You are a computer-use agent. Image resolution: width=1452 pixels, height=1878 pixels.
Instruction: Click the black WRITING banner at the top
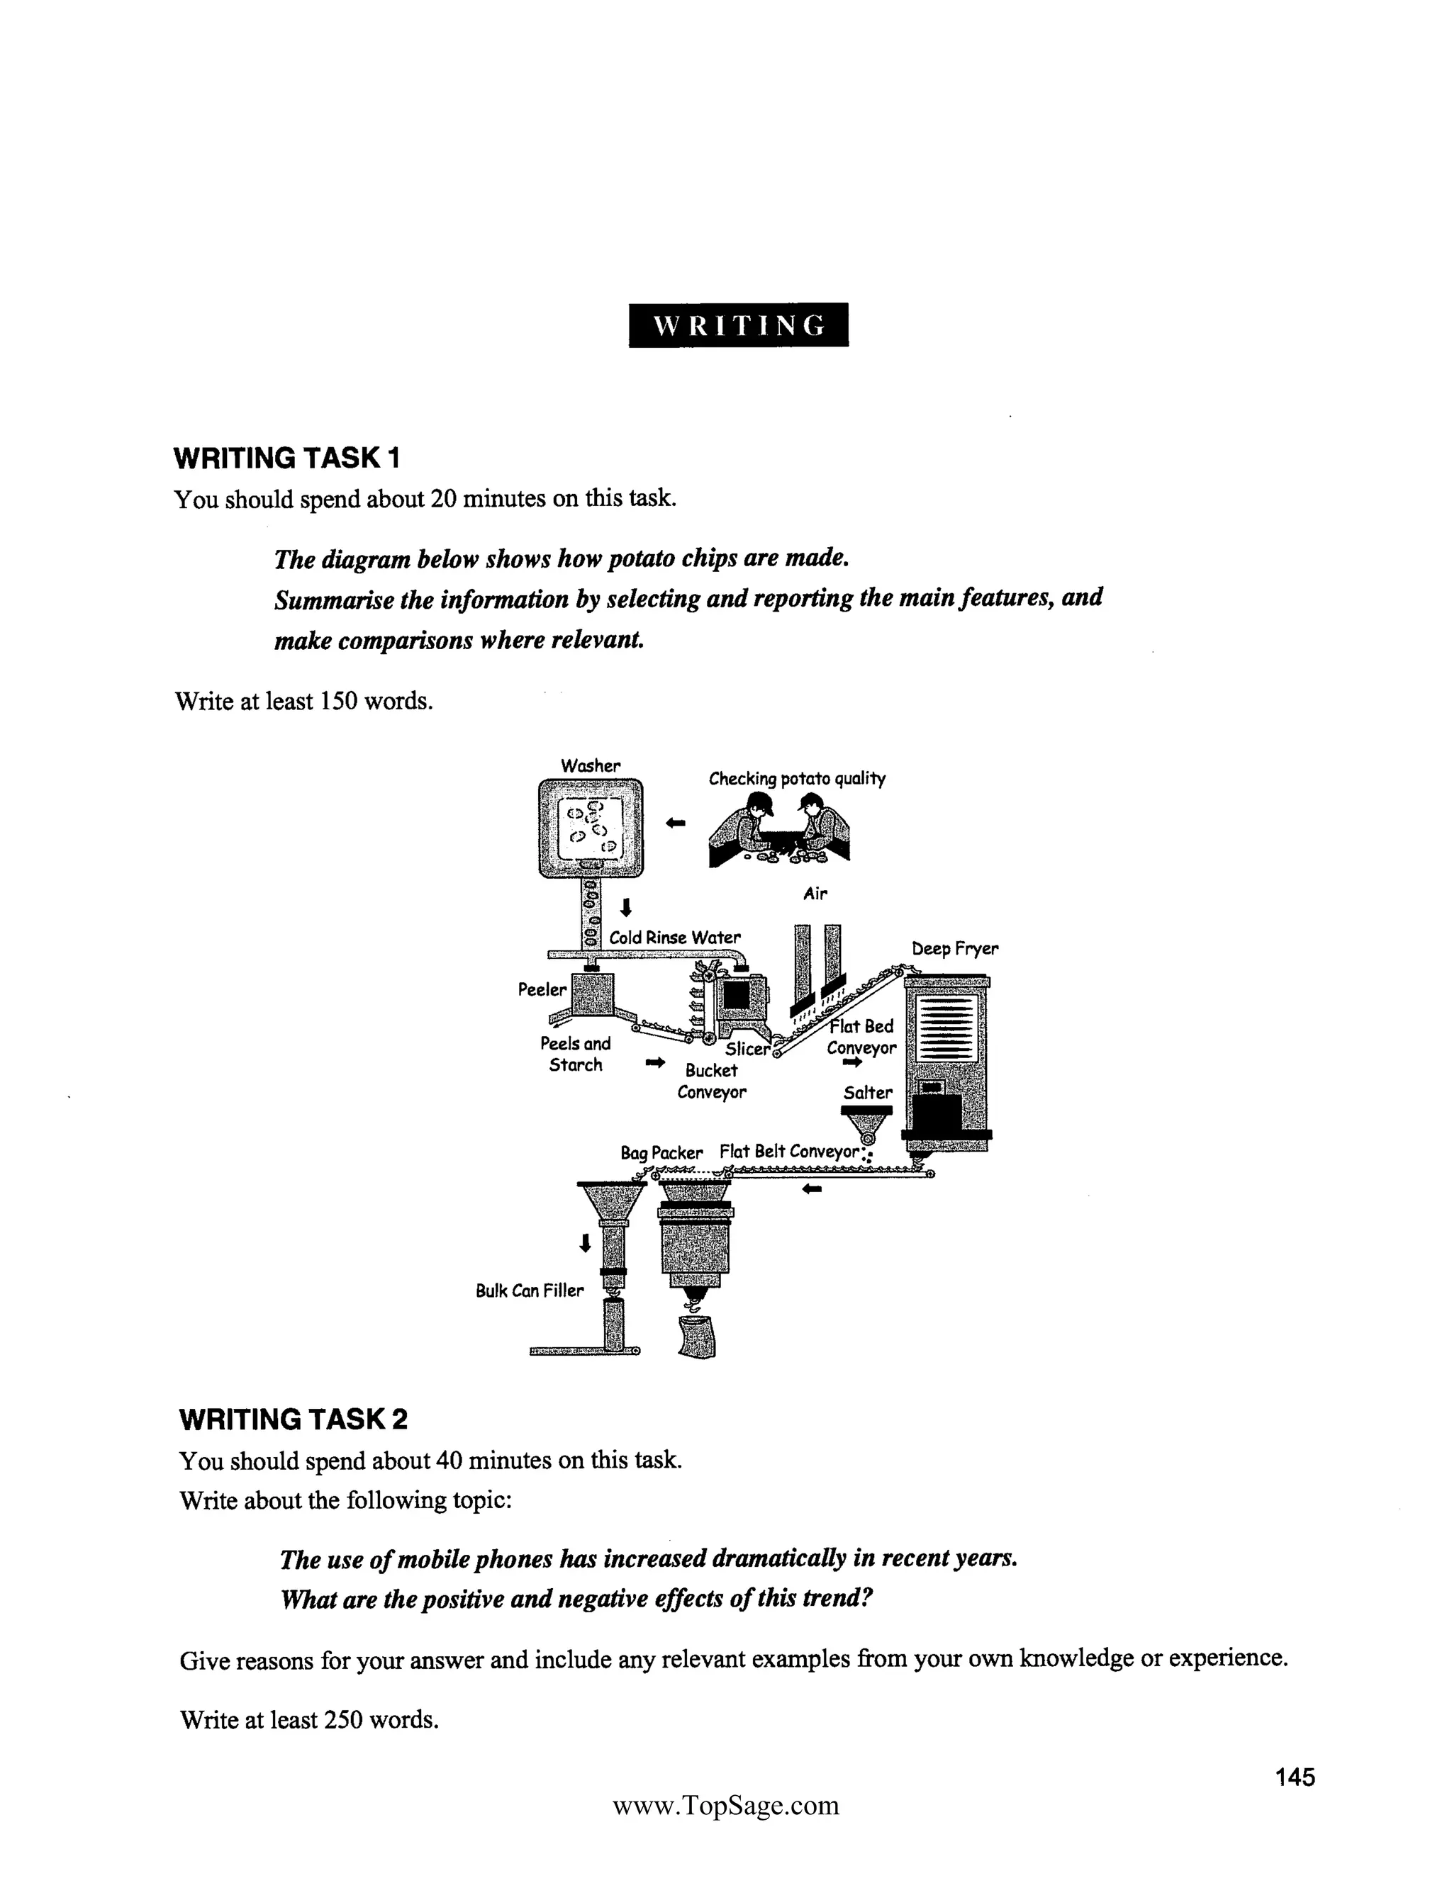[x=738, y=325]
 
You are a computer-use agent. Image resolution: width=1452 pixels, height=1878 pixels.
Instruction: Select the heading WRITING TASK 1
[x=286, y=459]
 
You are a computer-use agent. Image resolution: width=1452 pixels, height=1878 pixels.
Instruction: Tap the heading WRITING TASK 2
[x=293, y=1419]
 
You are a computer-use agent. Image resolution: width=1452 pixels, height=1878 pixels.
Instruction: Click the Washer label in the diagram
[x=590, y=765]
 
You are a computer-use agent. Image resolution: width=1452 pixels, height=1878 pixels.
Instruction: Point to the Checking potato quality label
[x=796, y=778]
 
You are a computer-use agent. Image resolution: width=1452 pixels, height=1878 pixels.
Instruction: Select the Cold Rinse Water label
[x=674, y=938]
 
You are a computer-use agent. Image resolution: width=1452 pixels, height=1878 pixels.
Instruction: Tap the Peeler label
[x=542, y=990]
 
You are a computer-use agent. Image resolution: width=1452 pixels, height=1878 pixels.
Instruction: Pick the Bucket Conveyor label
[x=711, y=1081]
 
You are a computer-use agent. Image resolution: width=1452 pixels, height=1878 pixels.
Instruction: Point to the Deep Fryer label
[x=955, y=950]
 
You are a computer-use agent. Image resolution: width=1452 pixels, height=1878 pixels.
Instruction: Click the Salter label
[x=868, y=1092]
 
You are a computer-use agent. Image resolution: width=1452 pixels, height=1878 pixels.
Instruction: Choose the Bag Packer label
[x=661, y=1152]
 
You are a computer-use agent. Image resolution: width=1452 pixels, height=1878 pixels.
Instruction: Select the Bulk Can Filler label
[x=529, y=1290]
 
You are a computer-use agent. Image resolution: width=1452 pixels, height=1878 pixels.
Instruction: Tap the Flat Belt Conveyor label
[x=790, y=1152]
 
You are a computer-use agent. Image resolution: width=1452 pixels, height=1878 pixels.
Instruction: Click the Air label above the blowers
[x=815, y=894]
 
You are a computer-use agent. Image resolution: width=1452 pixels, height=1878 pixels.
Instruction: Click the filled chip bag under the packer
[x=698, y=1337]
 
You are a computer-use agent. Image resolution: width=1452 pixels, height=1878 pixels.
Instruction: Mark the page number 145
[x=1295, y=1777]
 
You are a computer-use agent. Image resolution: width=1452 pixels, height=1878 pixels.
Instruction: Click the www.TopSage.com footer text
[x=725, y=1805]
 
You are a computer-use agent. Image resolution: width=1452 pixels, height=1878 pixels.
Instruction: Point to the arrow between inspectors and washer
[x=676, y=823]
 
